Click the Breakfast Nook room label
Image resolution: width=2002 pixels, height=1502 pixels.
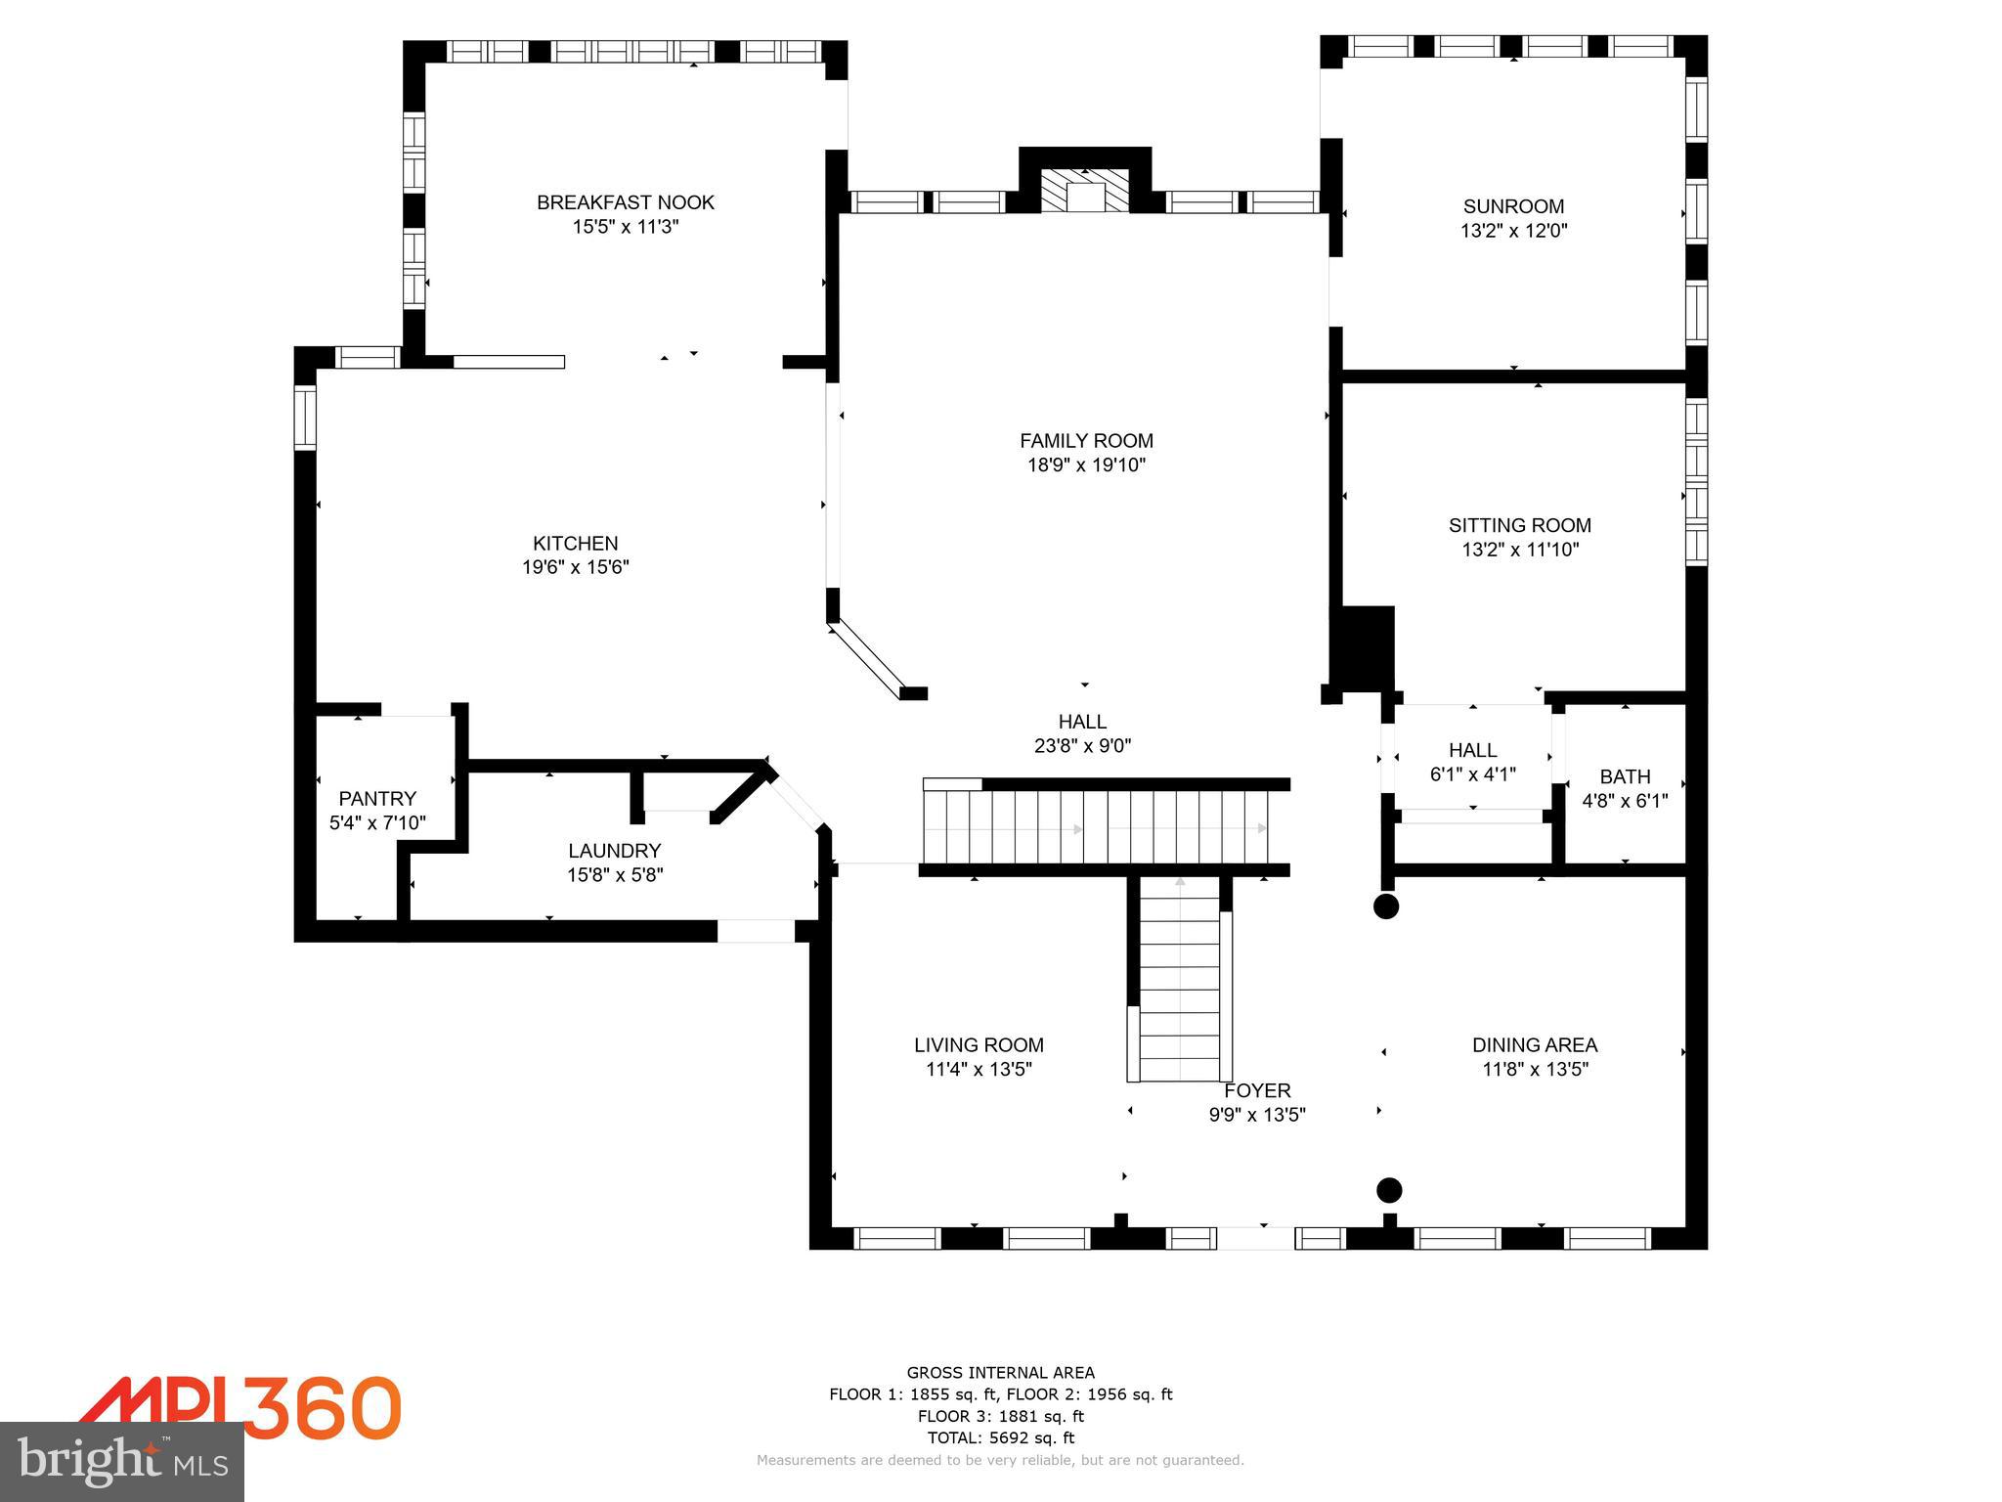626,202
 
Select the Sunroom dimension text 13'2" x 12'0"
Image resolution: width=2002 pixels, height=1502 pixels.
1513,231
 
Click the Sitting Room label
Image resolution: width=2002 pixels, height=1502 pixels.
1519,525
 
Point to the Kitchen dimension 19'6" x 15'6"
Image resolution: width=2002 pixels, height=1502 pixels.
575,567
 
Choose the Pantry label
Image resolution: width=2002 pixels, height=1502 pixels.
377,798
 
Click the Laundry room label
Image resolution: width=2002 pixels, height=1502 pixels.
615,851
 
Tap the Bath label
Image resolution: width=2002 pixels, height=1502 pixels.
1625,776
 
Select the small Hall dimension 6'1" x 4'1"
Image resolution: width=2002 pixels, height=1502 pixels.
1472,774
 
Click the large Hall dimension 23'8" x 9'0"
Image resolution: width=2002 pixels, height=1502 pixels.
1082,746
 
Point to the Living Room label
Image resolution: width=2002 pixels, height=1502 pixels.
979,1044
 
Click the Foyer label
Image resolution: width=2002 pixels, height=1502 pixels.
1257,1090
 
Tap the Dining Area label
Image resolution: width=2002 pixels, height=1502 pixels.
1535,1044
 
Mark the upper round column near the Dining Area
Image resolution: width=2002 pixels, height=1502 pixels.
1386,906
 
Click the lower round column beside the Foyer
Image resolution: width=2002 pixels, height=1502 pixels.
1389,1190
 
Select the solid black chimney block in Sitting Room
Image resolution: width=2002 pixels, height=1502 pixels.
1365,648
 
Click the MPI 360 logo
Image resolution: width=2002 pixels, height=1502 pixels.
239,1408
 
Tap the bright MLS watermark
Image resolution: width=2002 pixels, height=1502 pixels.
122,1463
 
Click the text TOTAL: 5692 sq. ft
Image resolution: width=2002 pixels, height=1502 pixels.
1000,1437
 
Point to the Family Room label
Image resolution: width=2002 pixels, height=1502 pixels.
1086,440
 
